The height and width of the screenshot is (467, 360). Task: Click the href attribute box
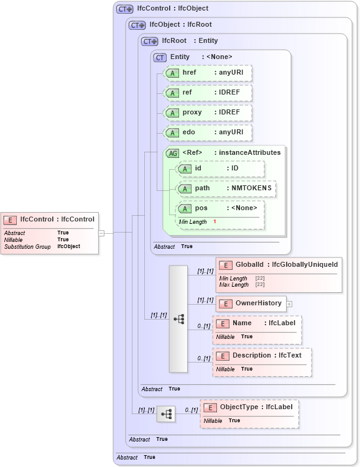click(207, 73)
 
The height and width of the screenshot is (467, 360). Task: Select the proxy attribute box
click(207, 113)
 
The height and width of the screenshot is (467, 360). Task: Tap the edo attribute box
click(207, 132)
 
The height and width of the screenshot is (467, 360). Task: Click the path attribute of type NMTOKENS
click(227, 188)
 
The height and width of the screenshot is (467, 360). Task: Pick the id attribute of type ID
click(221, 169)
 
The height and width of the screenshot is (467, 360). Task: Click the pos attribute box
click(221, 208)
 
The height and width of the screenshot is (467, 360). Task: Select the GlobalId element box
click(279, 266)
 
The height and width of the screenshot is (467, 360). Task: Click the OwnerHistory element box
click(251, 303)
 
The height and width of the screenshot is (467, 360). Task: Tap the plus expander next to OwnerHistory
click(289, 304)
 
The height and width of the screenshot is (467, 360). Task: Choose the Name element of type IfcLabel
click(257, 323)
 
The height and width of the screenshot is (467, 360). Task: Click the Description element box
click(262, 356)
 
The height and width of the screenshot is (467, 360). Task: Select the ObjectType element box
click(249, 407)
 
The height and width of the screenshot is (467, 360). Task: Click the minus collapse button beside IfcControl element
click(101, 233)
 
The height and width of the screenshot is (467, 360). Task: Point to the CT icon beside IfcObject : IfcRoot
click(137, 25)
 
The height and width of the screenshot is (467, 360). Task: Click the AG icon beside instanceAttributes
click(172, 153)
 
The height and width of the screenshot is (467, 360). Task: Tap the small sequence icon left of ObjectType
click(165, 414)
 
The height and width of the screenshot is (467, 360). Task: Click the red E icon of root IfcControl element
click(11, 220)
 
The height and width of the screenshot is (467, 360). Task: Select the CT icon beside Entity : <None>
click(160, 57)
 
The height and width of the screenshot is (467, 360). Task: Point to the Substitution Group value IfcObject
click(68, 246)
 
